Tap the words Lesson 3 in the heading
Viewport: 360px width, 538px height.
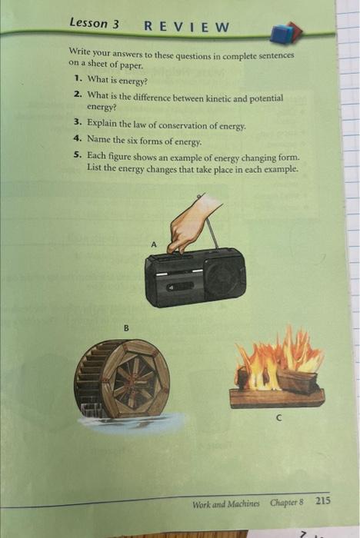pyautogui.click(x=94, y=24)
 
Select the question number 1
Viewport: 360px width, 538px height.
pyautogui.click(x=78, y=80)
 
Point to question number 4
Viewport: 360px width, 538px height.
pyautogui.click(x=77, y=141)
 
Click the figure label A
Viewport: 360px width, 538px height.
pyautogui.click(x=153, y=244)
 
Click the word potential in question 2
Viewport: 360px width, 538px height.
pyautogui.click(x=265, y=99)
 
